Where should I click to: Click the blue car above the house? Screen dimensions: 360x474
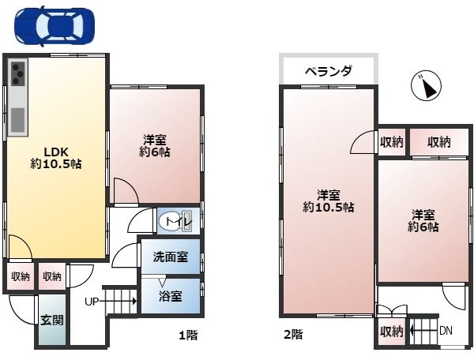point(54,27)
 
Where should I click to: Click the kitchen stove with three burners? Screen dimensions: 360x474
point(17,76)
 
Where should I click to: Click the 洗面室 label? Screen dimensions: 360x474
point(171,257)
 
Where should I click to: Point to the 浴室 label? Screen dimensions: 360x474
point(171,297)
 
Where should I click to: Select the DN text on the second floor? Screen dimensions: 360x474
point(446,330)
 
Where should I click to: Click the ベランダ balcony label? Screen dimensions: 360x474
point(329,71)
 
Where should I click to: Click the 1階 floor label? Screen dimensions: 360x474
point(187,335)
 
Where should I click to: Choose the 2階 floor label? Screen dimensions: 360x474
point(292,335)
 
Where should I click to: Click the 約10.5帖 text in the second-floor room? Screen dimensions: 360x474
point(329,208)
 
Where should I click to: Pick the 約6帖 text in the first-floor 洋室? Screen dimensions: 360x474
point(156,152)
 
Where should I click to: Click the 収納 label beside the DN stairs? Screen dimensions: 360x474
point(391,331)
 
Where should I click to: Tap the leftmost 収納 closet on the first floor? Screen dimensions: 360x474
point(20,276)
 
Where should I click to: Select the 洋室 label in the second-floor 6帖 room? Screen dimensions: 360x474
point(423,214)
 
